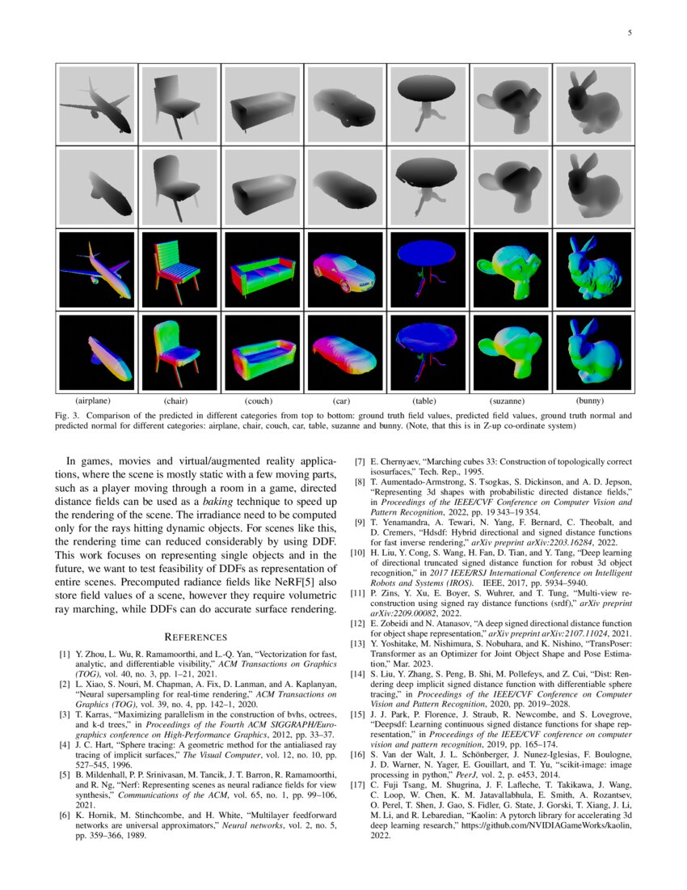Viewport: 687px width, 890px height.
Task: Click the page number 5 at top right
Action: coord(629,34)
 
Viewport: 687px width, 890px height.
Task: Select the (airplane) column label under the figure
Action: coord(93,400)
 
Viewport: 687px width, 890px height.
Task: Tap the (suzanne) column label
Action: coord(508,400)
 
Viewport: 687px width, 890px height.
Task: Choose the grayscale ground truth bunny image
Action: coord(591,104)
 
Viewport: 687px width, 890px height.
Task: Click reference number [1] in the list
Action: coord(65,607)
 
